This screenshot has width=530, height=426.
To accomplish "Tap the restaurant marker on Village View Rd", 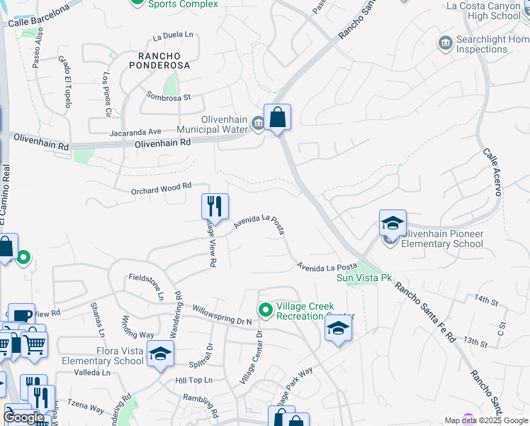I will pyautogui.click(x=215, y=207).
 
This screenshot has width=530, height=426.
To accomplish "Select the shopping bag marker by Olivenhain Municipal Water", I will pyautogui.click(x=277, y=118).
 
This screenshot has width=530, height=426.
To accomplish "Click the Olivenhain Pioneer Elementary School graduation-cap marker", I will pyautogui.click(x=393, y=224).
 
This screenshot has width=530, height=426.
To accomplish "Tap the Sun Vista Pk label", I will pyautogui.click(x=364, y=278).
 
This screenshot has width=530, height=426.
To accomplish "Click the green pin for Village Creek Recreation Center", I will pyautogui.click(x=266, y=310).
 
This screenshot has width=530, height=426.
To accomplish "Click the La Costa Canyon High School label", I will pyautogui.click(x=494, y=11).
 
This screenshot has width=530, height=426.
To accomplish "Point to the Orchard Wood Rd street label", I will pyautogui.click(x=162, y=187).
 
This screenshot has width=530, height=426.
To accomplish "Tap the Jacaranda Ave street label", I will pyautogui.click(x=135, y=132).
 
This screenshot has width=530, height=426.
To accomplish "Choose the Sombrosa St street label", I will pyautogui.click(x=169, y=96).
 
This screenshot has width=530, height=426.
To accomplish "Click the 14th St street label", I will pyautogui.click(x=487, y=301).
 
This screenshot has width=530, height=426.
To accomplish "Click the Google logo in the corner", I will pyautogui.click(x=23, y=417).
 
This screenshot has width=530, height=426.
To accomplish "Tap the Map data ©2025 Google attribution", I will pyautogui.click(x=485, y=420).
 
